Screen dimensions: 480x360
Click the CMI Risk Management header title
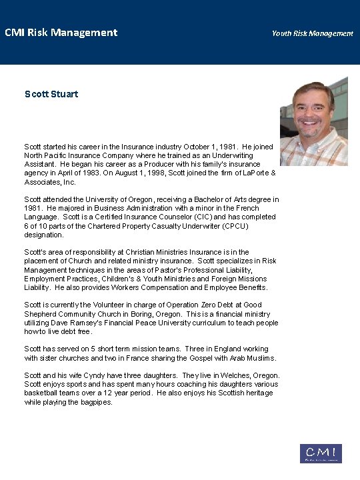pos(61,32)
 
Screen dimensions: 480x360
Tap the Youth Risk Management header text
pos(312,33)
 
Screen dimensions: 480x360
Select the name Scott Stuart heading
pos(51,94)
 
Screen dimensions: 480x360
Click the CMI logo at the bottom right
pos(321,453)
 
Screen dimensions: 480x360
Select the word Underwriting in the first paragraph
pos(238,155)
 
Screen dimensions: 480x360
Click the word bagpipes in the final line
pos(95,402)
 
